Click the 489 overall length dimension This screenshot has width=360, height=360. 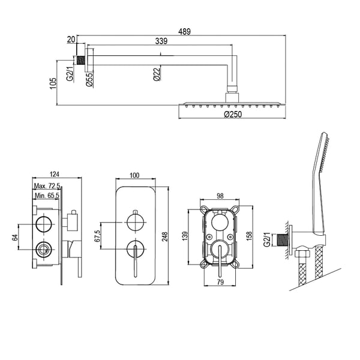[184, 31]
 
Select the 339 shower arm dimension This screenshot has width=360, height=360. [161, 41]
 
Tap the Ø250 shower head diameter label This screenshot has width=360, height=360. [233, 114]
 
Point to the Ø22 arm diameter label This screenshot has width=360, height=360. [157, 74]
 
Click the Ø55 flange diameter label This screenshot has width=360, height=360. [89, 79]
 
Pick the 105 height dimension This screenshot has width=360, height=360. [53, 83]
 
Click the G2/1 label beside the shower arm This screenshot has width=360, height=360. [70, 74]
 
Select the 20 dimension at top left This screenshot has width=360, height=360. [71, 40]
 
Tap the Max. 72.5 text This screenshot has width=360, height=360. [47, 186]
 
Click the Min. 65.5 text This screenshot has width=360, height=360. [47, 196]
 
